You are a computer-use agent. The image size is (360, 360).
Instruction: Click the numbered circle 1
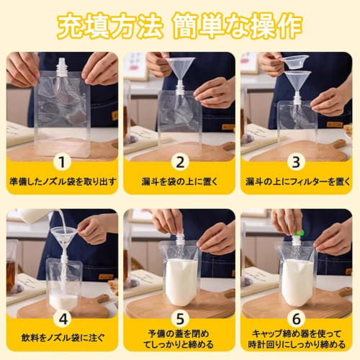click(x=62, y=163)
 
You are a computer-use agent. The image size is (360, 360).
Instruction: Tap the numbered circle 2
click(x=179, y=163)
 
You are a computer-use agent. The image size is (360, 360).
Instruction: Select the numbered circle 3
click(x=297, y=163)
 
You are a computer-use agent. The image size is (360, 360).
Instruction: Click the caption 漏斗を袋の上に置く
click(x=179, y=181)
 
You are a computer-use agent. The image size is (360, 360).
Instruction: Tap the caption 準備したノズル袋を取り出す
click(x=62, y=181)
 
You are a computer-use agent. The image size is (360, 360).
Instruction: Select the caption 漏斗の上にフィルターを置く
click(x=297, y=181)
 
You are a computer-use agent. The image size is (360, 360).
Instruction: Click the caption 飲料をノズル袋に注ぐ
click(x=62, y=336)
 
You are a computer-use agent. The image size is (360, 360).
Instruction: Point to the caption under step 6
click(x=297, y=341)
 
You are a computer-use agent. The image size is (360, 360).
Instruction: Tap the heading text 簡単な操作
click(x=238, y=27)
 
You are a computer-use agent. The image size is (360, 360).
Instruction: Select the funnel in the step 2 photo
click(x=180, y=68)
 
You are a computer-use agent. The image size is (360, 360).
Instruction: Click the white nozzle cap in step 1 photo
click(x=63, y=66)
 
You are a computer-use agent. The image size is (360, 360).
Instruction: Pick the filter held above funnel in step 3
click(x=296, y=61)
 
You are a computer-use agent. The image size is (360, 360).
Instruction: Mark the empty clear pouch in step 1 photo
click(x=63, y=115)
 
